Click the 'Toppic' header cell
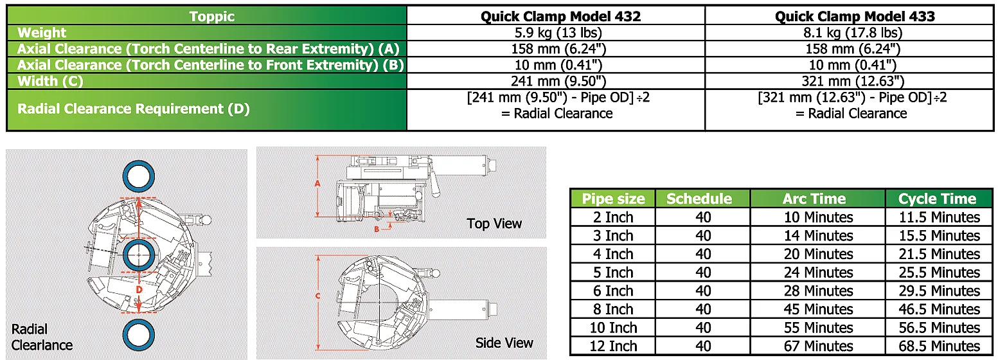pos(212,17)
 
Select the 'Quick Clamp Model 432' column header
pos(560,17)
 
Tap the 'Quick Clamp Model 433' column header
pos(854,17)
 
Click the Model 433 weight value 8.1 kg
pos(854,33)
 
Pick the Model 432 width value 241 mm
pos(560,82)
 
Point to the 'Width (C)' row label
pos(50,82)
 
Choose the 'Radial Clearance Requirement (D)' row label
pos(133,109)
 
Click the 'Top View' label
pos(494,224)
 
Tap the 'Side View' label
pos(504,343)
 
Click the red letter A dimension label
pos(317,183)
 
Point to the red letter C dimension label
pos(317,296)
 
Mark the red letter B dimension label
pos(377,228)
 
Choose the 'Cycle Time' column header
pos(937,199)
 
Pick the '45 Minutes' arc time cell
pos(818,310)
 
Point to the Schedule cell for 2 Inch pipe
pos(703,217)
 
